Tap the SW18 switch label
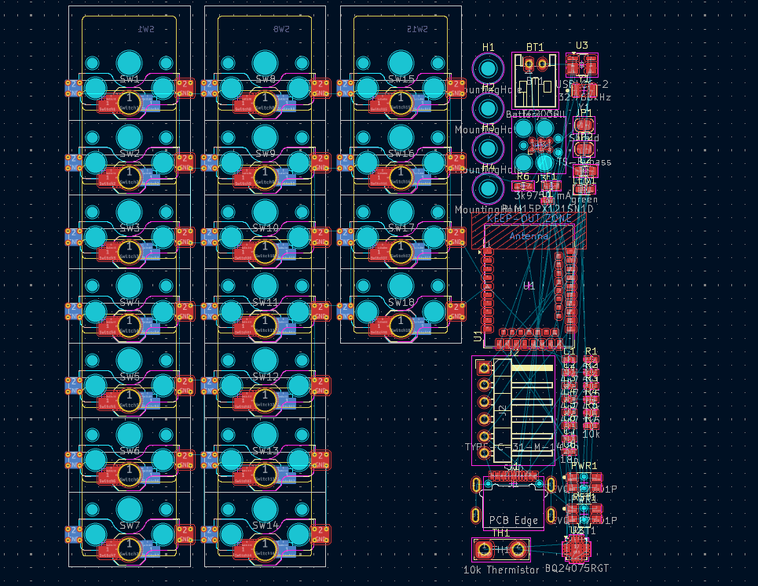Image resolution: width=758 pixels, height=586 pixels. click(401, 302)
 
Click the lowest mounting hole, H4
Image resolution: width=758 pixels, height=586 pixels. click(489, 189)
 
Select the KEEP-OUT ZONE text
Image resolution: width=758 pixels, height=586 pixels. click(529, 219)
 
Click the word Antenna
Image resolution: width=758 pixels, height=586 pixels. click(529, 235)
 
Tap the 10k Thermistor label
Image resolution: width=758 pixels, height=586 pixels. click(500, 570)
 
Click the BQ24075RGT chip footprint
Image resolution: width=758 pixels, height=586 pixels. click(578, 547)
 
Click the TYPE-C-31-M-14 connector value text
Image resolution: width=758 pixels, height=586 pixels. click(514, 447)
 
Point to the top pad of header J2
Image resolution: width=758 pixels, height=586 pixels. click(484, 367)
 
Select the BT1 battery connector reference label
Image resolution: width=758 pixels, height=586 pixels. click(535, 47)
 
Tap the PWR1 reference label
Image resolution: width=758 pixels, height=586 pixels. click(584, 465)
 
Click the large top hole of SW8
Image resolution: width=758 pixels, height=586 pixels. click(265, 62)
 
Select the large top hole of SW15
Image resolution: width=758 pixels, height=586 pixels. click(401, 62)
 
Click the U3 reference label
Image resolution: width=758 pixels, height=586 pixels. click(582, 45)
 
